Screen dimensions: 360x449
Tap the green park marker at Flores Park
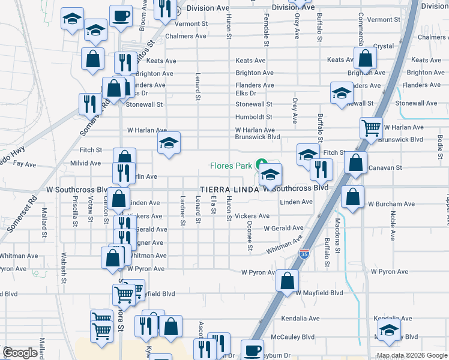coord(261,164)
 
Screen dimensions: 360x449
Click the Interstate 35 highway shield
coord(305,254)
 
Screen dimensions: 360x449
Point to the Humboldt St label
coord(254,117)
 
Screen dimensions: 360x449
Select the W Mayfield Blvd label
coord(319,293)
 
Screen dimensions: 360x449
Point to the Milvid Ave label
coord(86,163)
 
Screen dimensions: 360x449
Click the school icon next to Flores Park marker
coord(271,175)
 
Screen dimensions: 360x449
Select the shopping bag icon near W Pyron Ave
coord(288,280)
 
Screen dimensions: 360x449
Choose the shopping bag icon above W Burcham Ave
coord(352,196)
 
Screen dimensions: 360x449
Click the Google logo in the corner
coord(20,353)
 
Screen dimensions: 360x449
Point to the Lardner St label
coord(182,210)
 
